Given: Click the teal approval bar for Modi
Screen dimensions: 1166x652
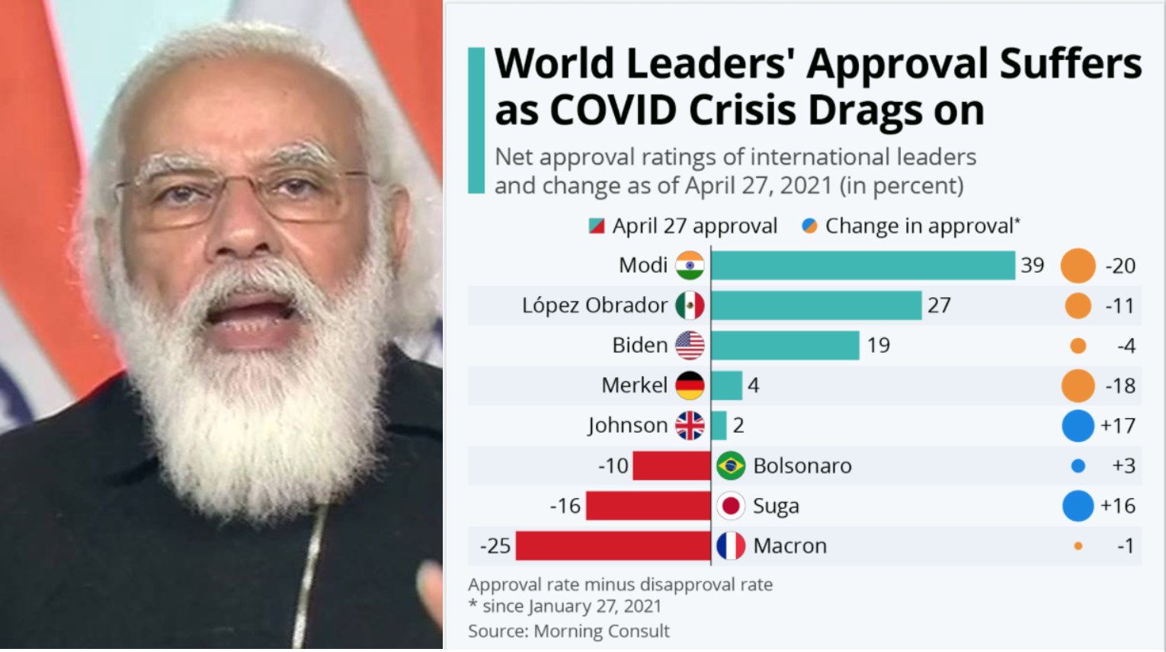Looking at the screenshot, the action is [863, 265].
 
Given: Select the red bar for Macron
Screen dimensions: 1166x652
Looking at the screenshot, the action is [613, 546].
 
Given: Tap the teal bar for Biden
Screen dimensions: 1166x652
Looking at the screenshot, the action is [785, 345].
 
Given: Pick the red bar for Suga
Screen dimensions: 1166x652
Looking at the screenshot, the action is [648, 505].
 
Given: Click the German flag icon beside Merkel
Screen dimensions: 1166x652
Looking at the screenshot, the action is [690, 385].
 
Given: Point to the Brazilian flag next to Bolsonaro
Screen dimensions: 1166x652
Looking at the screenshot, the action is [731, 465].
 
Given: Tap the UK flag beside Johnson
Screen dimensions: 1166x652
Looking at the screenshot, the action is [690, 426].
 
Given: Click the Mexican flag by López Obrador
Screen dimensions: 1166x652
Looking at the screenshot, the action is [690, 305].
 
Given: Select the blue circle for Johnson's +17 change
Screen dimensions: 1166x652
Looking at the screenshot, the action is [1078, 426].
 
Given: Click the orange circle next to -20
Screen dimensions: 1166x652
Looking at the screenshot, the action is [1078, 265].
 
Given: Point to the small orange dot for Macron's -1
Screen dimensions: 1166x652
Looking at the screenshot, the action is [1078, 546].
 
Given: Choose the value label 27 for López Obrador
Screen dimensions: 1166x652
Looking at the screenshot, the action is [939, 305].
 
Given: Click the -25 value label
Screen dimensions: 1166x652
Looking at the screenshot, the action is [495, 546].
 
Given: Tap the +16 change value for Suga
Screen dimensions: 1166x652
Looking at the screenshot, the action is [1117, 506].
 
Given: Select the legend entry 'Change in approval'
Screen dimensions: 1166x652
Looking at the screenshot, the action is [911, 226].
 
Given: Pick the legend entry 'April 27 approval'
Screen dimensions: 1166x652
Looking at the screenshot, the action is [684, 226].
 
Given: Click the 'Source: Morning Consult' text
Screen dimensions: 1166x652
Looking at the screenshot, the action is [569, 631].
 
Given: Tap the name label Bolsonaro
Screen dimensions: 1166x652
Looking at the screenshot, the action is [802, 465].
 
